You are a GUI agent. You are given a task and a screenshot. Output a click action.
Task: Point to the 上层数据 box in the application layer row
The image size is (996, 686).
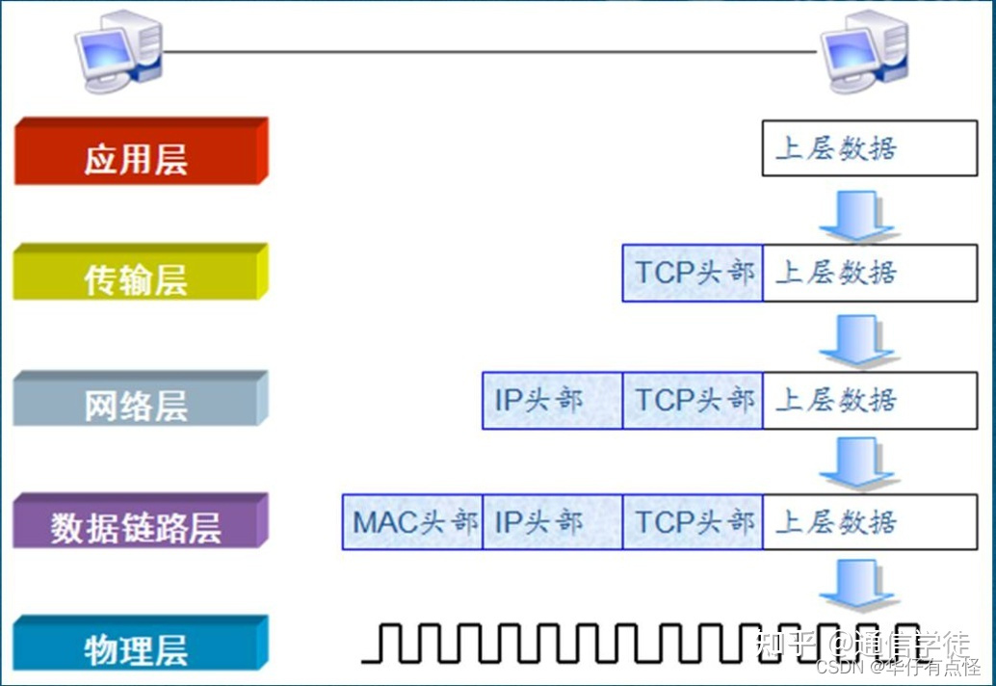869,148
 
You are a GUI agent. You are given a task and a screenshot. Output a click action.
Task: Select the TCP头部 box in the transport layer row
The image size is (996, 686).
693,273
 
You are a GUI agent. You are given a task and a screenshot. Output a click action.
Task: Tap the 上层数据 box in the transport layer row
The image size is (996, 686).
869,273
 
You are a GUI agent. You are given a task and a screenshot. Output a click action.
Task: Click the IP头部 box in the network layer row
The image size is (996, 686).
552,400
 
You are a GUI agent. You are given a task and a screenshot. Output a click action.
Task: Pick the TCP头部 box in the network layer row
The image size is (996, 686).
693,400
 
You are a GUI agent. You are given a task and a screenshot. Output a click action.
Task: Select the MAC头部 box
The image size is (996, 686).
412,522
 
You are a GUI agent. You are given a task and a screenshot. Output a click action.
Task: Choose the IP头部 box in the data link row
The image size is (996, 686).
552,522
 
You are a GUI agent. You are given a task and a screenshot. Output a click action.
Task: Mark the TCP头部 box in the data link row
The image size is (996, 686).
693,522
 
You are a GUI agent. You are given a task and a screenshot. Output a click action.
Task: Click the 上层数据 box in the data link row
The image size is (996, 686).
869,522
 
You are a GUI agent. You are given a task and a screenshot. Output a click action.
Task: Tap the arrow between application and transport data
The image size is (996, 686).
856,214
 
